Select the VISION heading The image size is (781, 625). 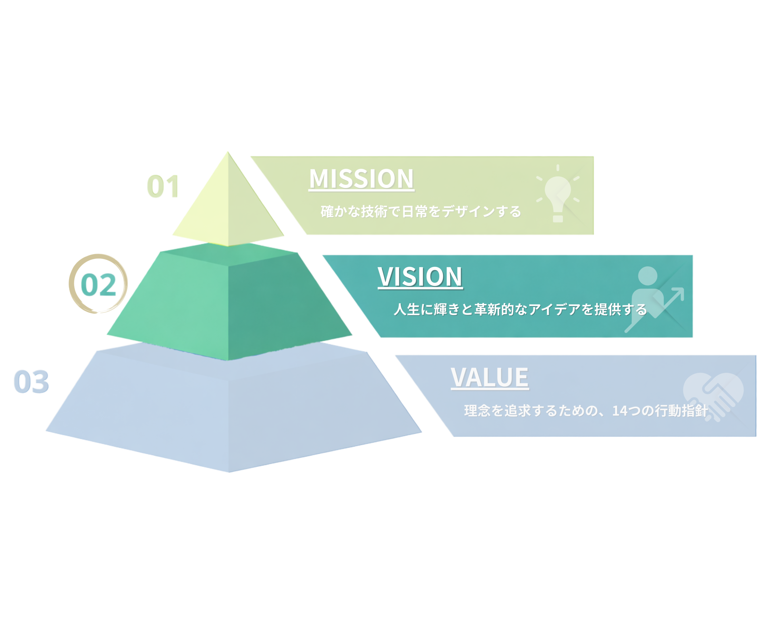[420, 277]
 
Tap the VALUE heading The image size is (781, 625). [489, 377]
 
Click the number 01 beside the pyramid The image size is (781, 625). [163, 186]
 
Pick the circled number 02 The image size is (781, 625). [98, 284]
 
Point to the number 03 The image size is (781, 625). [31, 381]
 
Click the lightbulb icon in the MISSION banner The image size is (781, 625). [558, 194]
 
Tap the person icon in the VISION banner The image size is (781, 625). [647, 290]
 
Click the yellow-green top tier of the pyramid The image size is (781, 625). [228, 210]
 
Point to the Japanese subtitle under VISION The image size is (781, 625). [520, 309]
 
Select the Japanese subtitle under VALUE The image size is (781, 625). [585, 410]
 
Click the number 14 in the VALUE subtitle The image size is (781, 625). [621, 410]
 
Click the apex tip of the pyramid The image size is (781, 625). [228, 152]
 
